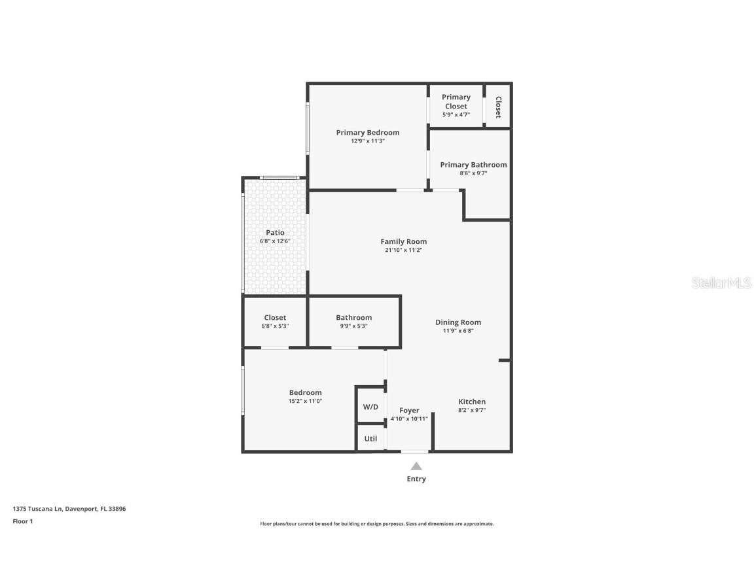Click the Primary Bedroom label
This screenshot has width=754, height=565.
tap(367, 133)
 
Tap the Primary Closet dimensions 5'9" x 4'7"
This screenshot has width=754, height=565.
tap(456, 115)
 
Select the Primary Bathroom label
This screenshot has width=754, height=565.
tap(473, 165)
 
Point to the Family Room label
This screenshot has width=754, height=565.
tap(403, 241)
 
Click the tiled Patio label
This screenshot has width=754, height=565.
tap(275, 233)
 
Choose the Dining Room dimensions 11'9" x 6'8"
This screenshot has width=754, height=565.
tap(458, 331)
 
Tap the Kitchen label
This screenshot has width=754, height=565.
tap(471, 402)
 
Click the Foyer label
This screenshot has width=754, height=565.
tap(409, 411)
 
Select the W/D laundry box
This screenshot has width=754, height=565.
tap(370, 407)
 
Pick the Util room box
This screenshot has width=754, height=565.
tap(370, 439)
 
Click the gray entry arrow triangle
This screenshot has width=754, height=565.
tap(416, 466)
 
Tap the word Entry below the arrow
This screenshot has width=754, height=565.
tap(416, 479)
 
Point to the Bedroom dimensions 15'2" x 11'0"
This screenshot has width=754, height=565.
tap(305, 402)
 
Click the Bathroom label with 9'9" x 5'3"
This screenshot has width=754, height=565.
tap(353, 318)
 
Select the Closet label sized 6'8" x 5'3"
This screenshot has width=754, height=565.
tap(275, 318)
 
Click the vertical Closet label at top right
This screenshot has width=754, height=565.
tap(498, 107)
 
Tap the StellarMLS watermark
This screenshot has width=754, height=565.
tap(721, 283)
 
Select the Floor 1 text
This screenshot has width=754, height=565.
tap(22, 521)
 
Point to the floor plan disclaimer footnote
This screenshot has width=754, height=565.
tap(376, 524)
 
